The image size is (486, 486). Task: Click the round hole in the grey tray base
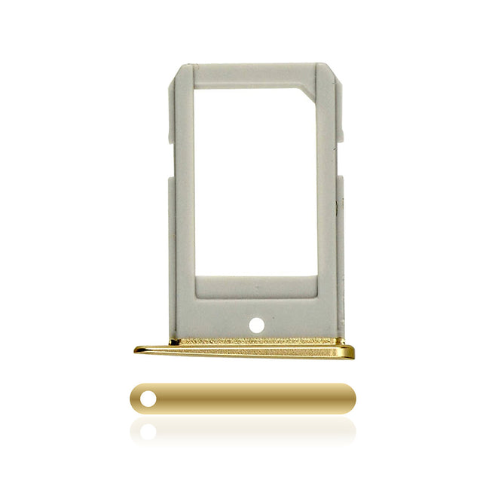click(256, 325)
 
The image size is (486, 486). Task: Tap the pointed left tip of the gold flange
click(138, 349)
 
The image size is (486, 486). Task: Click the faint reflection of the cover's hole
click(148, 431)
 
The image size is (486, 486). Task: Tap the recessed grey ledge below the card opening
click(256, 286)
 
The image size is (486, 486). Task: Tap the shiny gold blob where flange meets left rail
click(175, 343)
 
